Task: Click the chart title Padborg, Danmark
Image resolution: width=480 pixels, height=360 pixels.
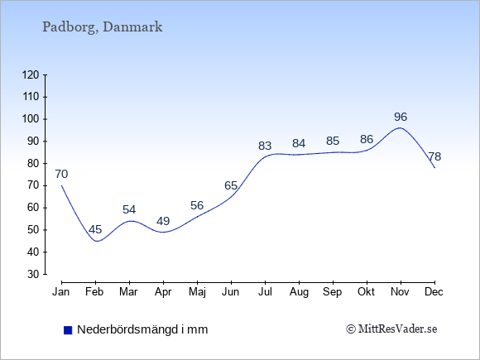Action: click(x=103, y=27)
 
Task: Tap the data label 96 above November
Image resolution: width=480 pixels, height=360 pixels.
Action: click(x=401, y=117)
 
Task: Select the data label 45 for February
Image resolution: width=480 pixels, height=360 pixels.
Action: click(x=95, y=229)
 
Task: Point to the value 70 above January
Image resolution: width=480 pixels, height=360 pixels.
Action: click(x=61, y=174)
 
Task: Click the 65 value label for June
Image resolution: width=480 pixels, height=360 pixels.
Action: click(x=231, y=185)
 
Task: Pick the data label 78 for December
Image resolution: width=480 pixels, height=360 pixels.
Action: click(x=434, y=156)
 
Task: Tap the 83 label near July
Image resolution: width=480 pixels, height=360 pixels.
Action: click(x=265, y=146)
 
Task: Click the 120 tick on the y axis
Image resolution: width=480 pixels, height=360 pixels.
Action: click(x=31, y=74)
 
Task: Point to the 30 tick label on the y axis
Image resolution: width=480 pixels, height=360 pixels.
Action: click(x=33, y=274)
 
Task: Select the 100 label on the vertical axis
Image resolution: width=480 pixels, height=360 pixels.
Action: click(x=31, y=119)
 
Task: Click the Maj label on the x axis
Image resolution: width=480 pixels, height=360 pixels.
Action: click(x=197, y=292)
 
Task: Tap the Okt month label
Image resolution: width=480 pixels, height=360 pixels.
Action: click(x=367, y=292)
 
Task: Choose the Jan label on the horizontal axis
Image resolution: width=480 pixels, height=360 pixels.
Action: click(x=61, y=292)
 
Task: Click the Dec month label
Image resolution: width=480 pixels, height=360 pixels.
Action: click(x=434, y=292)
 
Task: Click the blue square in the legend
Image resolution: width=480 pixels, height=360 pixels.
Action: click(x=68, y=330)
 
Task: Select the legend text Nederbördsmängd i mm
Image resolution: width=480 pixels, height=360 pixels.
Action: click(x=142, y=329)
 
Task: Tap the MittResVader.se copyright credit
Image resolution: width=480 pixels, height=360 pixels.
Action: click(x=391, y=329)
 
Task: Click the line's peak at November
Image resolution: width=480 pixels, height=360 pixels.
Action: click(x=400, y=127)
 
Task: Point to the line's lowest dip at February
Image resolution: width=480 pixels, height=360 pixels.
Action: click(x=97, y=241)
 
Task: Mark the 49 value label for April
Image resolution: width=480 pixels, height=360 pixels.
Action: click(x=163, y=221)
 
